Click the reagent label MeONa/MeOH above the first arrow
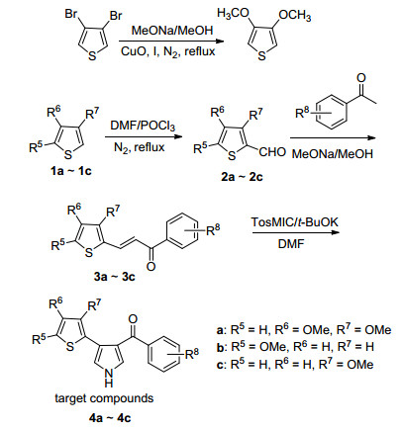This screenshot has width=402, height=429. point(172,31)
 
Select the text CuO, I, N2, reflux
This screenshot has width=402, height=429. point(168,51)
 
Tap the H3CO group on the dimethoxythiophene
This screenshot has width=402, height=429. point(233,14)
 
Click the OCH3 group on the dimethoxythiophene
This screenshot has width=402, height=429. point(294,16)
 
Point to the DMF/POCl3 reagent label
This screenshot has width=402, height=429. point(143,126)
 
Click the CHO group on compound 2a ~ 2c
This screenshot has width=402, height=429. point(272,152)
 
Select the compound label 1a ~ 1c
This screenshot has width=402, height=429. point(70,171)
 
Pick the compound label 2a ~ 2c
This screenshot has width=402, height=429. point(242,177)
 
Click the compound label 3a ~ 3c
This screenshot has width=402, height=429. point(114,276)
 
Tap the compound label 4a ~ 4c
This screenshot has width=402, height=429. point(110,418)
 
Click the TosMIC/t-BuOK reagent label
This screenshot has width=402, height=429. point(295,221)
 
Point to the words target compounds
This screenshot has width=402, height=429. point(104,398)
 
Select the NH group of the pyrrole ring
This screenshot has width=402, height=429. point(108,378)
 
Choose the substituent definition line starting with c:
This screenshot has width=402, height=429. point(295,364)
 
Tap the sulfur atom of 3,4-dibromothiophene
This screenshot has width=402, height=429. point(93,56)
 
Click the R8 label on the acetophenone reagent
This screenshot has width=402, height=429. point(303,113)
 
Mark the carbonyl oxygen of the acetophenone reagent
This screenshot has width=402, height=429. point(361,78)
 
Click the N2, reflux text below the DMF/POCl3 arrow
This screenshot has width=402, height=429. point(139,147)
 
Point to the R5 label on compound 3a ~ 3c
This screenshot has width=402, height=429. point(59,245)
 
